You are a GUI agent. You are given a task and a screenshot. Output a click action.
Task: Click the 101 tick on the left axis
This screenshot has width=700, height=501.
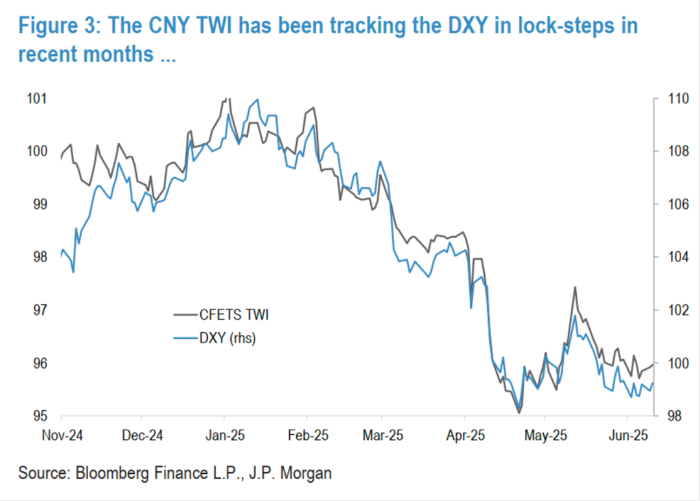36,99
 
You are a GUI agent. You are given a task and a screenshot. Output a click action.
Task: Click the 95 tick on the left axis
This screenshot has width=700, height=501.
39,416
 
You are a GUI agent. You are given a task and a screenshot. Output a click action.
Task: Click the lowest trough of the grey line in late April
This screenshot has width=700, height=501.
519,412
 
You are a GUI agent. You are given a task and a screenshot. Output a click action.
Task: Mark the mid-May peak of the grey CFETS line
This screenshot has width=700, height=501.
574,287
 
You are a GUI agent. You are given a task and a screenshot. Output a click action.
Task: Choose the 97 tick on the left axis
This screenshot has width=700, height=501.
39,310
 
